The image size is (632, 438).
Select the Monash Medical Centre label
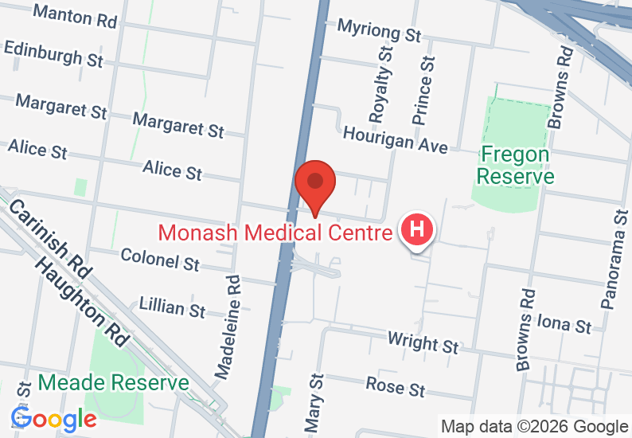coord(275,233)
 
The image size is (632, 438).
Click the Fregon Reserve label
coord(516,165)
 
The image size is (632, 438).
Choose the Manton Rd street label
coord(76,15)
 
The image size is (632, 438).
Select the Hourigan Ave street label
coord(395,139)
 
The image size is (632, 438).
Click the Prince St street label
coord(423,89)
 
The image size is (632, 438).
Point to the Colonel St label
coord(160,259)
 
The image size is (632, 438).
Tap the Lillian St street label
coord(172,307)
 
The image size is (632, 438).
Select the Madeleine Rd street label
coord(228,327)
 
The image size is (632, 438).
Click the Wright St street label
coord(423,342)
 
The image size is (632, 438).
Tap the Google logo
coord(53,418)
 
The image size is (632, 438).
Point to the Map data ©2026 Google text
coord(534,427)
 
